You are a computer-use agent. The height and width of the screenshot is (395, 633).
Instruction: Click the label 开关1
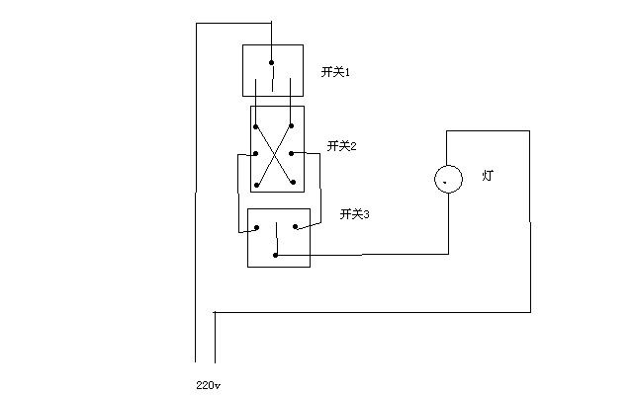pyautogui.click(x=336, y=72)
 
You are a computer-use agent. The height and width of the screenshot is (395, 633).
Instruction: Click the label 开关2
pyautogui.click(x=341, y=146)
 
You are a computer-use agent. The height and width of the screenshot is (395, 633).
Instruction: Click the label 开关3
pyautogui.click(x=354, y=213)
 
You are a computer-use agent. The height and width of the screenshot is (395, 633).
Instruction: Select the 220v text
pyautogui.click(x=209, y=382)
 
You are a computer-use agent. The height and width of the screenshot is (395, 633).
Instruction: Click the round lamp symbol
pyautogui.click(x=448, y=179)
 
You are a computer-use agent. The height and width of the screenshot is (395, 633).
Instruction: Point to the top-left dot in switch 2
pyautogui.click(x=256, y=126)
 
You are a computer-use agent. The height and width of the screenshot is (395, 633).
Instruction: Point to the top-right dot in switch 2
pyautogui.click(x=292, y=126)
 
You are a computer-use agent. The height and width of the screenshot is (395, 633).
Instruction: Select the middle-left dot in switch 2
pyautogui.click(x=255, y=154)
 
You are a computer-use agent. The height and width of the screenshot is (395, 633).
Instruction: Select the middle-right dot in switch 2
pyautogui.click(x=292, y=154)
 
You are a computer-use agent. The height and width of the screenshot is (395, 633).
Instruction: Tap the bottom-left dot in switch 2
pyautogui.click(x=256, y=184)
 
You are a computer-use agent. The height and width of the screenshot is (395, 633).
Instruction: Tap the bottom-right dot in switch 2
pyautogui.click(x=294, y=184)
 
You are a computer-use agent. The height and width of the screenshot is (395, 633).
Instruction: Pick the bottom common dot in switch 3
pyautogui.click(x=276, y=256)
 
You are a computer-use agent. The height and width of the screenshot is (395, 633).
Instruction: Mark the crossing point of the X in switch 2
pyautogui.click(x=274, y=155)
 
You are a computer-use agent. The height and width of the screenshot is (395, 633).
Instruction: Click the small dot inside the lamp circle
pyautogui.click(x=447, y=182)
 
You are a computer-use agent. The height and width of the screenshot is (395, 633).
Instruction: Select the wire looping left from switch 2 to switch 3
pyautogui.click(x=236, y=193)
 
